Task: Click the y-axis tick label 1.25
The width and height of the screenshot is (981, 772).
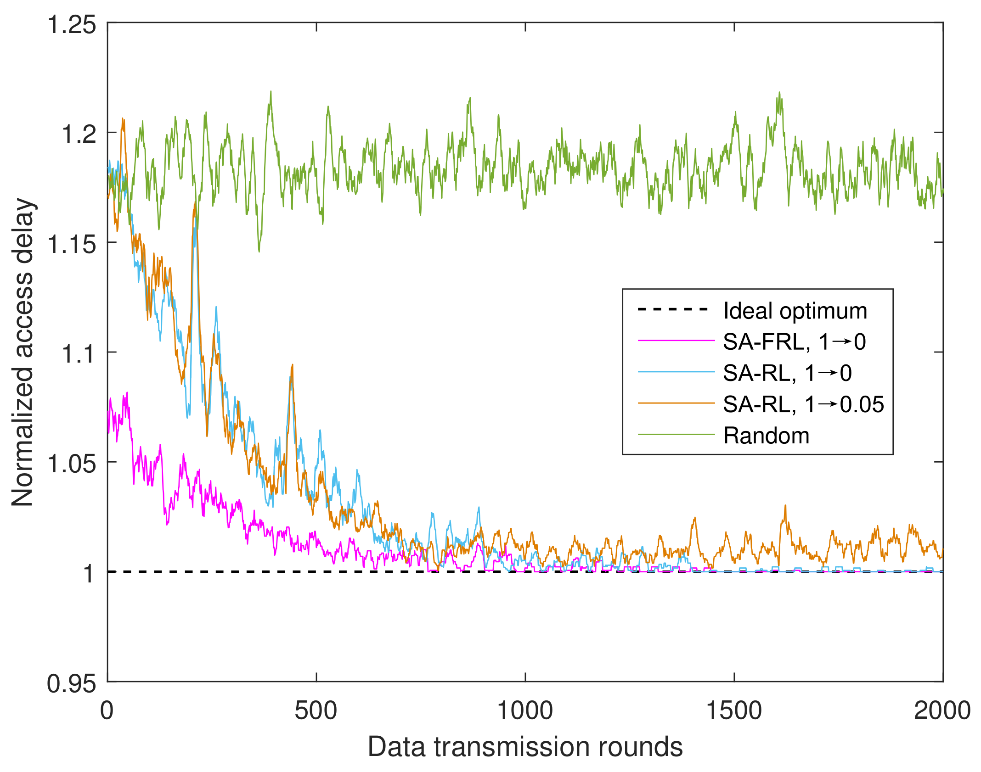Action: pos(72,24)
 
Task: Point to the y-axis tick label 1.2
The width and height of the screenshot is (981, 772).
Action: pos(79,134)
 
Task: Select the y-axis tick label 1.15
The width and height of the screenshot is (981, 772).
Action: pos(72,244)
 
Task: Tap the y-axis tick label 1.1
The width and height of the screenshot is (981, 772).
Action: pos(79,354)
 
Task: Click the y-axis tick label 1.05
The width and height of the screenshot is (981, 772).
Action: pos(72,464)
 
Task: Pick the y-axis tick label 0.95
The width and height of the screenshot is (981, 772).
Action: pos(72,684)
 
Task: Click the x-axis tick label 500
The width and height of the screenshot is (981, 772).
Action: pos(316,711)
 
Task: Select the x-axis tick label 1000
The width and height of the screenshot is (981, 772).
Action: pos(525,711)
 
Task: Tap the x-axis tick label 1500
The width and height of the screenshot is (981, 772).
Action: pos(734,711)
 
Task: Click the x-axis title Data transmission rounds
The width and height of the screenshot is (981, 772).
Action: pos(525,747)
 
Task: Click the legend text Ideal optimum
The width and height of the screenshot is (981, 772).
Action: pos(795,311)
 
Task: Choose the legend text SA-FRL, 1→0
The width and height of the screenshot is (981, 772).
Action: pos(794,342)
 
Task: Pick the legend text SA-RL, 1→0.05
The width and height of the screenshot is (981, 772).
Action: pos(803,404)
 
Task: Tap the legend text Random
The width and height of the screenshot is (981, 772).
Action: pos(766,436)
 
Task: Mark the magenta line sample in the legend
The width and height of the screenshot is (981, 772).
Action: pos(676,341)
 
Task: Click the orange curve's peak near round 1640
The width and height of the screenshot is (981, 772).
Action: pos(785,505)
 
